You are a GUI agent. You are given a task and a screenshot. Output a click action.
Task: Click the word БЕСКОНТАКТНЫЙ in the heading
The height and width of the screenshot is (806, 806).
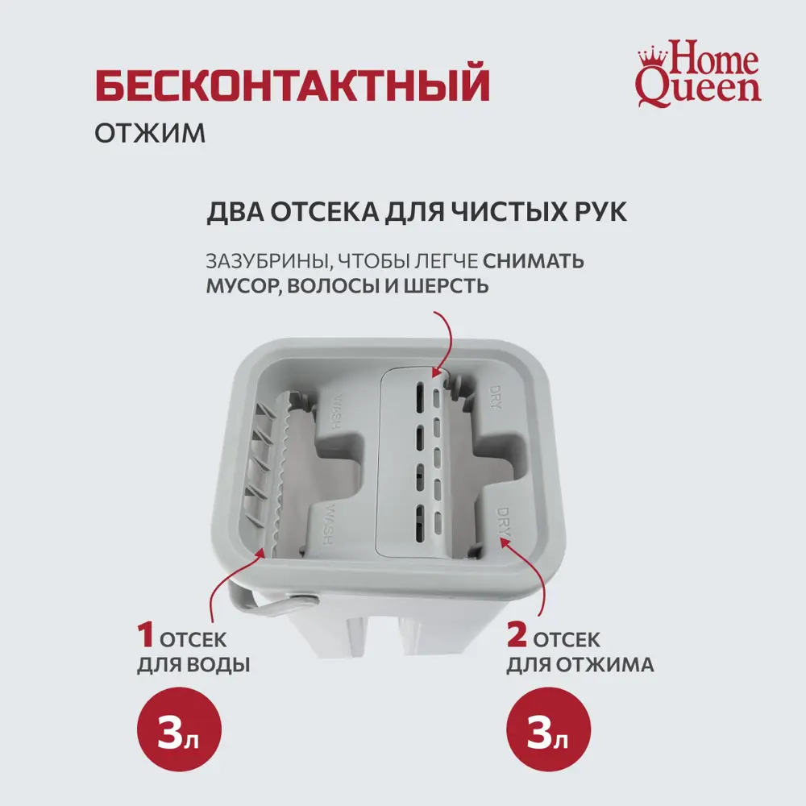(293, 86)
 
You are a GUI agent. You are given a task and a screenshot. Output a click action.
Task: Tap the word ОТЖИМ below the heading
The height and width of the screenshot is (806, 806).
(150, 132)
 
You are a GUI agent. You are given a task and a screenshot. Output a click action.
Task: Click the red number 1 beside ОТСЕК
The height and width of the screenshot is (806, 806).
(146, 638)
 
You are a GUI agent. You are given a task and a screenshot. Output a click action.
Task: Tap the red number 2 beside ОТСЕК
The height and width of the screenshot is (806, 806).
(517, 638)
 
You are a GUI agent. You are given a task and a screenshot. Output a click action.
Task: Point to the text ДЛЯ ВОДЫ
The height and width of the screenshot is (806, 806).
(193, 666)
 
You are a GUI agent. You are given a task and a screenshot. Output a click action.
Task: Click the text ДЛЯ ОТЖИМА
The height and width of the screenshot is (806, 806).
(580, 666)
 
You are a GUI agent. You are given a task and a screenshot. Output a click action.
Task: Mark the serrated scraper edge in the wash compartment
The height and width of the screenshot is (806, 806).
(284, 476)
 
